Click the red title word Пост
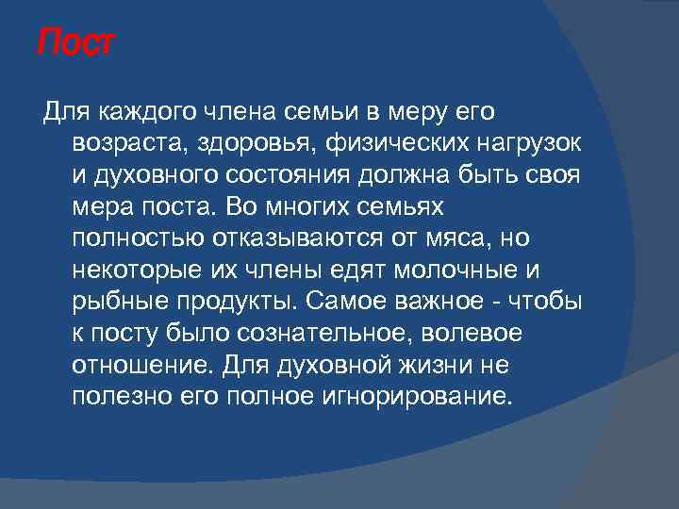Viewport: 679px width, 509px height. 75,43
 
